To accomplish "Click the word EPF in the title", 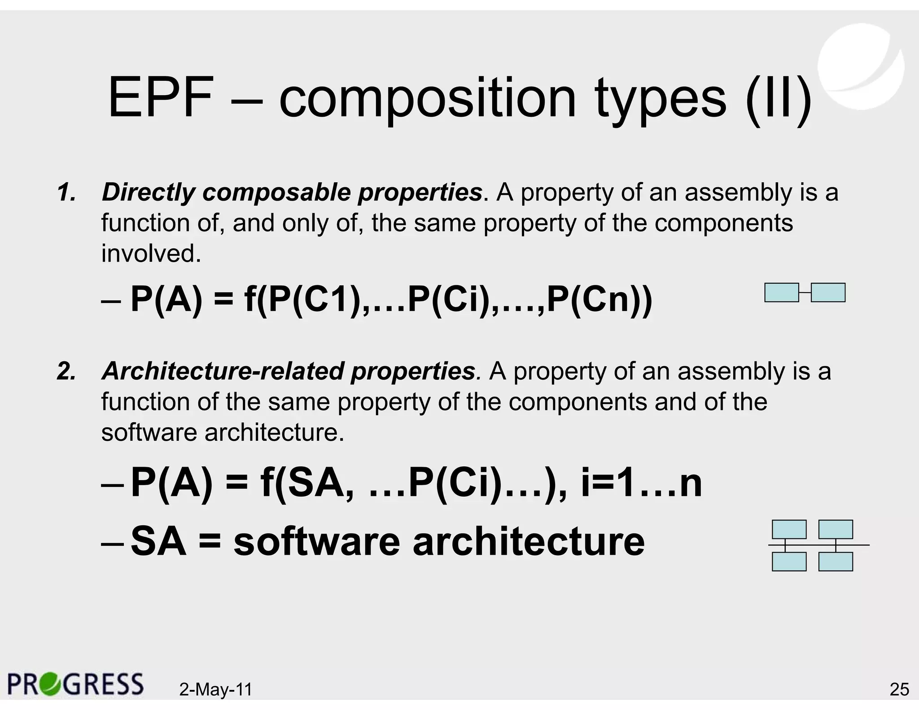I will click(160, 98).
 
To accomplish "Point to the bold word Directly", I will click(149, 193).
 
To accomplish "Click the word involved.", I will click(151, 254).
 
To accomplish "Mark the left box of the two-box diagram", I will click(781, 293).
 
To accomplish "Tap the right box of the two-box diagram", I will click(828, 293).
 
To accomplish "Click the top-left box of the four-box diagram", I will click(789, 530).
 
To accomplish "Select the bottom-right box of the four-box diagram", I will click(836, 561).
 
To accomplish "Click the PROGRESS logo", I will click(75, 684).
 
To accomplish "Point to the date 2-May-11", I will click(215, 689).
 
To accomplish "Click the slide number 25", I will click(899, 689).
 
